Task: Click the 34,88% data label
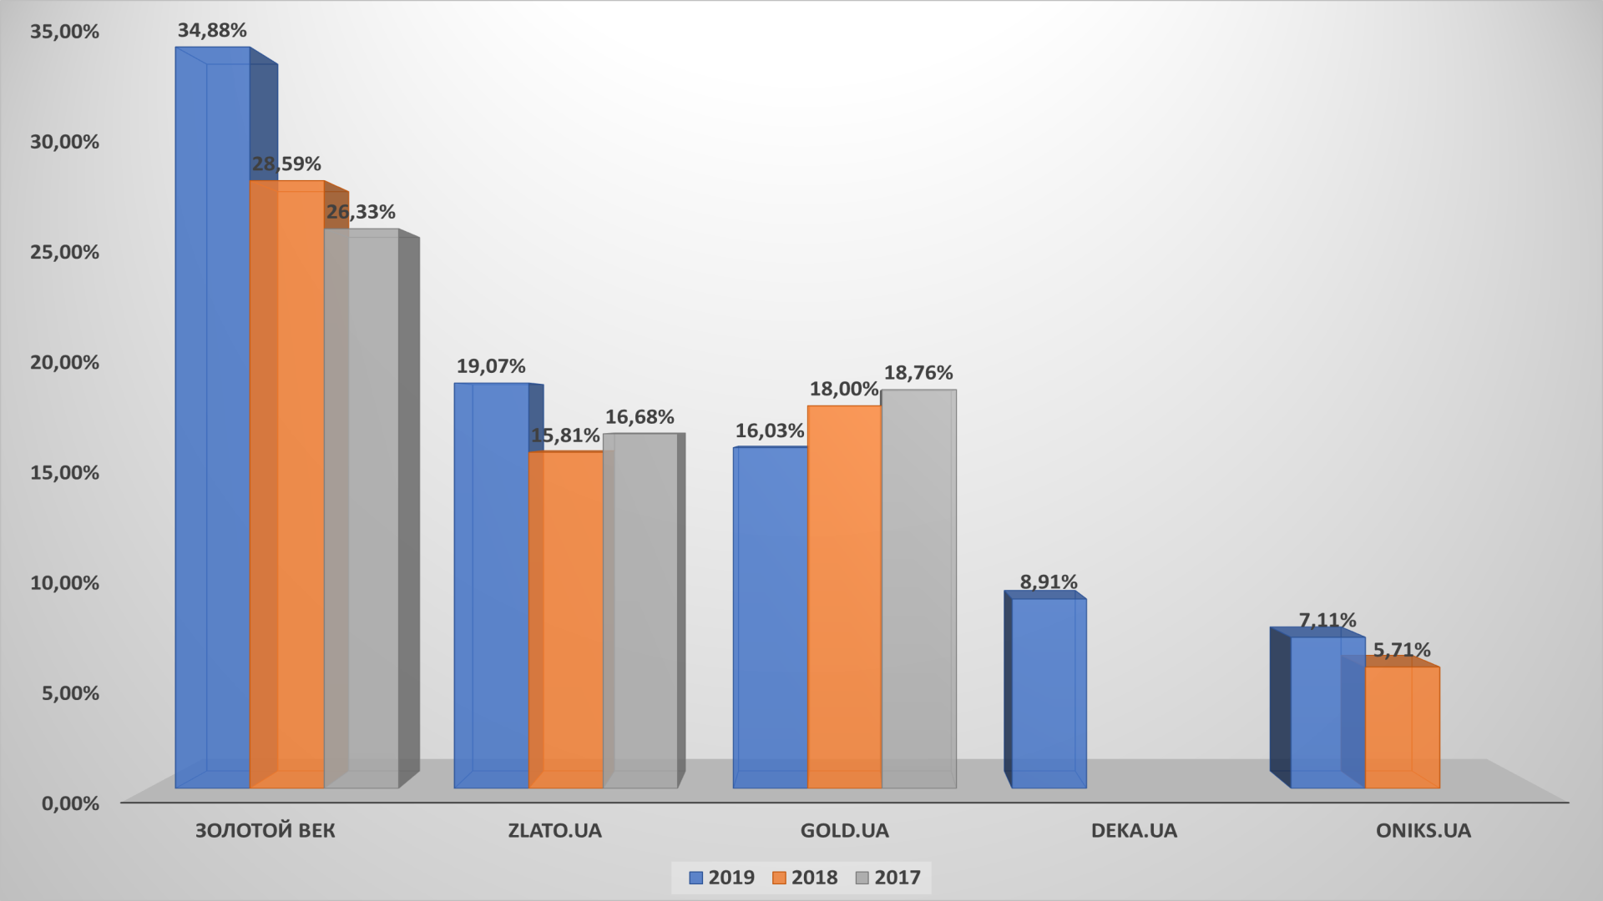point(212,31)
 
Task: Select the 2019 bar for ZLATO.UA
point(491,584)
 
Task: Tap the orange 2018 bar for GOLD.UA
point(844,596)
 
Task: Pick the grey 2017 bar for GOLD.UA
point(918,588)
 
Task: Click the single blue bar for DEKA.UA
point(1049,692)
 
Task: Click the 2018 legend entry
point(805,878)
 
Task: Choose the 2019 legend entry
point(722,878)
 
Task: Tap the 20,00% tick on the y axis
point(64,362)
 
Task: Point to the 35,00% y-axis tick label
point(64,32)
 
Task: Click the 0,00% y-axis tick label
point(69,803)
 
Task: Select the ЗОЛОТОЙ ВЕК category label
point(265,831)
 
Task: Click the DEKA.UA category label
point(1134,831)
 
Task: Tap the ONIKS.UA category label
point(1423,831)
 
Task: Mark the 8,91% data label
point(1049,582)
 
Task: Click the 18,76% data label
point(918,373)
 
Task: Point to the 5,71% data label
point(1402,650)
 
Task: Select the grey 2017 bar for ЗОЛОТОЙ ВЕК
point(361,509)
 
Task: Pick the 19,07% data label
point(491,366)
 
